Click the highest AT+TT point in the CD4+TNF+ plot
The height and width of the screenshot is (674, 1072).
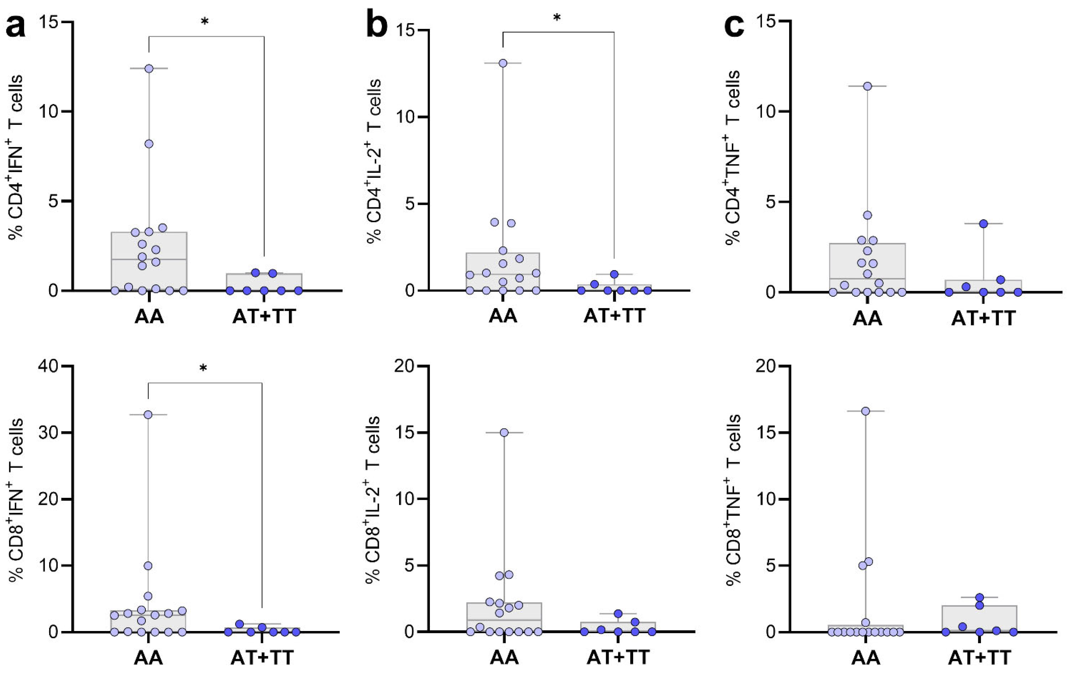(x=983, y=223)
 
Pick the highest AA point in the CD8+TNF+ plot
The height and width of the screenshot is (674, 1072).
(x=866, y=411)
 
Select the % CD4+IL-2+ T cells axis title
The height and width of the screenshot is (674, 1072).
(x=374, y=161)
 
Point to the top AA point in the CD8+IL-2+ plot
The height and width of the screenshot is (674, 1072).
(x=504, y=432)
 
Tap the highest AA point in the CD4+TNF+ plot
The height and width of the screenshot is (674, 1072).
(x=867, y=86)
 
